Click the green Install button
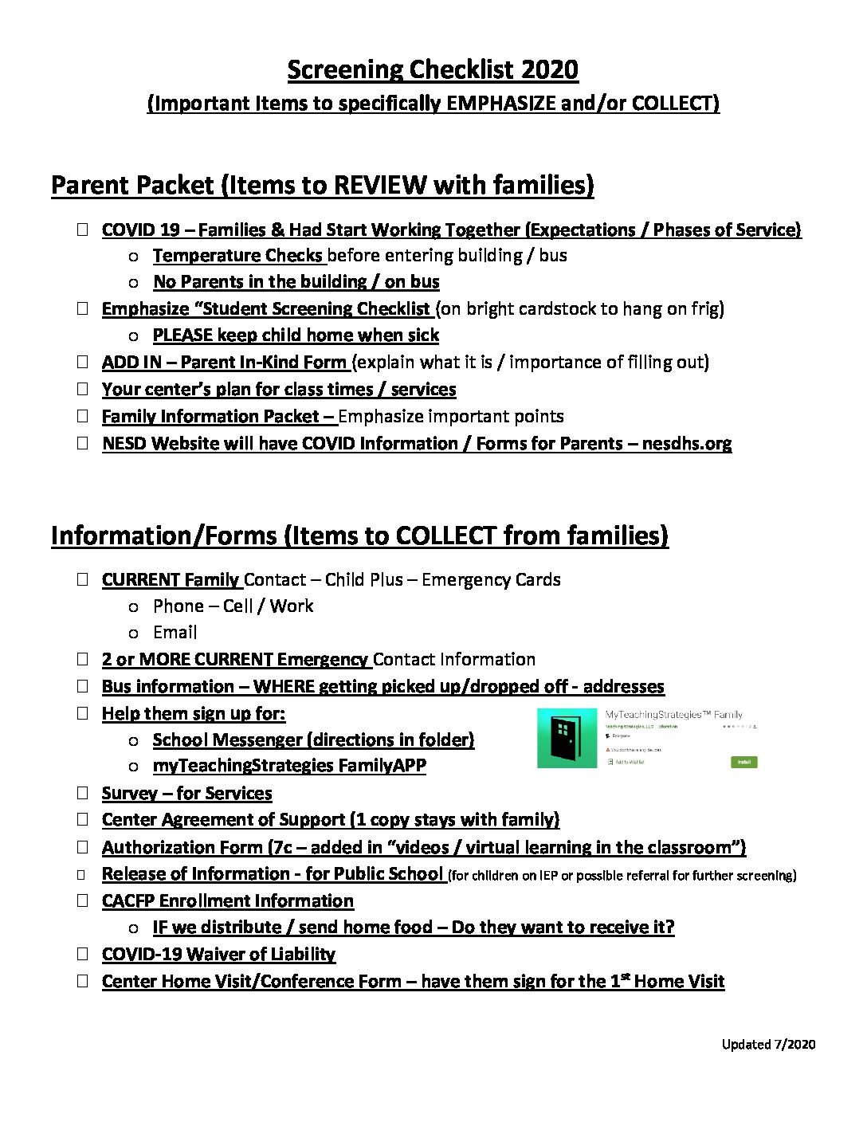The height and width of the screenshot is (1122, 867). click(x=743, y=762)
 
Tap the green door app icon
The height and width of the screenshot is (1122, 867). click(x=567, y=738)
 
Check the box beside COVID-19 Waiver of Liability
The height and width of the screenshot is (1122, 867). click(x=82, y=953)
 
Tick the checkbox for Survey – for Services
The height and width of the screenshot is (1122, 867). click(x=82, y=792)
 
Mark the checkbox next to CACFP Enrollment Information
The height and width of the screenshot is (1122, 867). click(x=82, y=900)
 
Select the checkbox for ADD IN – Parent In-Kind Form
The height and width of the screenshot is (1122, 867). click(x=82, y=361)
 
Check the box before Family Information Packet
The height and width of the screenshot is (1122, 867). click(x=82, y=415)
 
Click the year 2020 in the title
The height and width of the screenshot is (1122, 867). click(x=549, y=69)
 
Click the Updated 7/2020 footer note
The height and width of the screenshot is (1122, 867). click(x=768, y=1044)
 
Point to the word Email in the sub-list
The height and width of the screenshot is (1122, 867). click(x=175, y=632)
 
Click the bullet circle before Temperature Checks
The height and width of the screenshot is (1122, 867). click(x=134, y=256)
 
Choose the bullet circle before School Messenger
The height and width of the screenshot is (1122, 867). click(x=134, y=740)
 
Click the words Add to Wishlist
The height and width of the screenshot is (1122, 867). click(x=630, y=762)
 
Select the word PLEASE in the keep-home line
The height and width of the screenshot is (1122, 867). click(x=182, y=335)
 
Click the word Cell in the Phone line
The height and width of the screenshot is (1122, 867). click(x=237, y=606)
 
